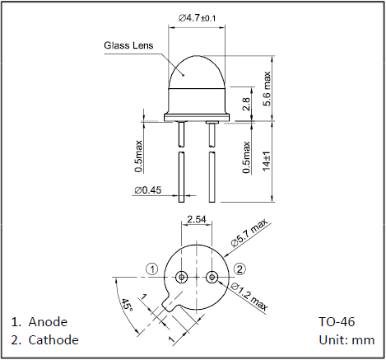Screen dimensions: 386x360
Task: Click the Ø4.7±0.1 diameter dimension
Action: pos(197,18)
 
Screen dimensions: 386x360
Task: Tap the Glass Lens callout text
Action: pos(128,45)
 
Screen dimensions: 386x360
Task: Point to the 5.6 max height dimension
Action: pos(267,88)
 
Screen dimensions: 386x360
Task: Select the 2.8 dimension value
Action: pos(246,104)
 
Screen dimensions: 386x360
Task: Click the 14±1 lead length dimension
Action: pos(267,161)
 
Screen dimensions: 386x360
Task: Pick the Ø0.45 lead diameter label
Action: pos(148,190)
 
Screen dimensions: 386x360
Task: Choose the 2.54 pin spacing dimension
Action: pos(196,219)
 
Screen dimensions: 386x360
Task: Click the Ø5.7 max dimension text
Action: pos(249,233)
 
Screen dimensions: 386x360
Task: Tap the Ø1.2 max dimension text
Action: pos(249,296)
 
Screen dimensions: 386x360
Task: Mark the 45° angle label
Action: pos(127,305)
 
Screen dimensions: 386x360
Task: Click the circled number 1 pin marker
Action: pos(152,269)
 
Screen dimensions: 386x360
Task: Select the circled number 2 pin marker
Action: pos(240,269)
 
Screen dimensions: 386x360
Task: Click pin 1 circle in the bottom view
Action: pos(181,277)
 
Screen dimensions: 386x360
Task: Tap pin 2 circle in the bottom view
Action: pos(212,277)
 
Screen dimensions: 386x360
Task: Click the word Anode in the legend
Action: pos(48,322)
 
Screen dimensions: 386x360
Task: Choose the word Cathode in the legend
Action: pos(53,340)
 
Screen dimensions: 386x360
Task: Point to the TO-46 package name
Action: pos(337,322)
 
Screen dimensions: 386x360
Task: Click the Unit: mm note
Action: pos(346,340)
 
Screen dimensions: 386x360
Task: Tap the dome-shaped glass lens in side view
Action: pos(197,72)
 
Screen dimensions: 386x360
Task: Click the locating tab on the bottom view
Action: pos(171,302)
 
